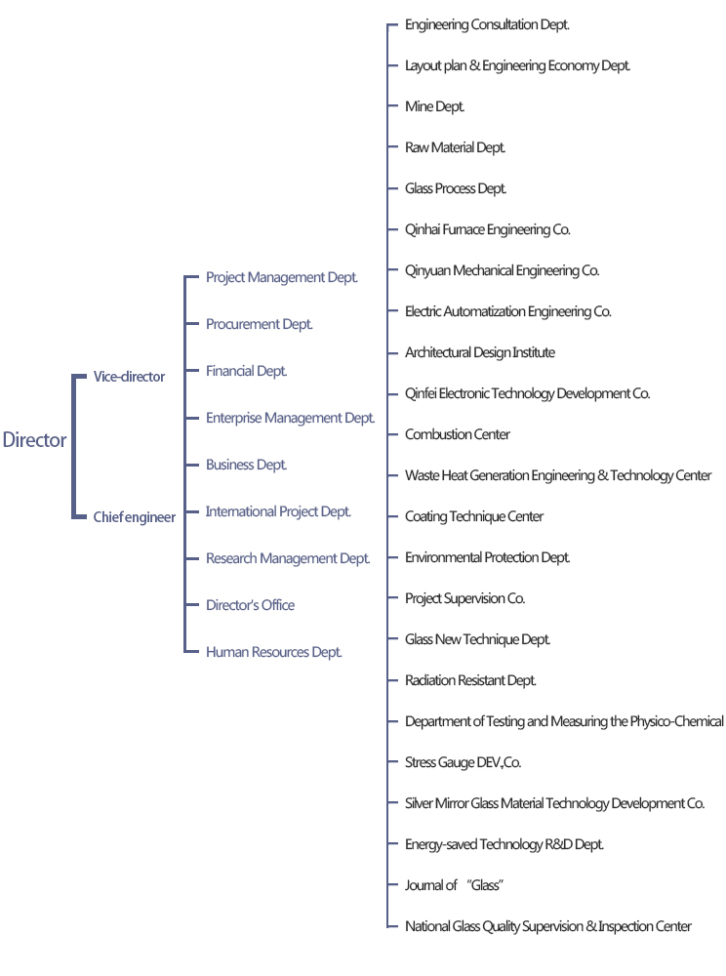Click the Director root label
pyautogui.click(x=34, y=440)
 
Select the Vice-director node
pyautogui.click(x=129, y=377)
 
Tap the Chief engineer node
pyautogui.click(x=135, y=517)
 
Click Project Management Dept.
pyautogui.click(x=282, y=278)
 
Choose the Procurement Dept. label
pyautogui.click(x=260, y=324)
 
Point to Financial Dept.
pyautogui.click(x=247, y=371)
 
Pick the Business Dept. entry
pyautogui.click(x=247, y=465)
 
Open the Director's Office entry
pyautogui.click(x=250, y=605)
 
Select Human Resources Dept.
pyautogui.click(x=274, y=652)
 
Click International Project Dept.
pyautogui.click(x=278, y=511)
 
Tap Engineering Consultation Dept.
pyautogui.click(x=487, y=25)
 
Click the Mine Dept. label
pyautogui.click(x=435, y=107)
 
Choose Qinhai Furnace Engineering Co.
pyautogui.click(x=488, y=230)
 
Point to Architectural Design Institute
pyautogui.click(x=480, y=353)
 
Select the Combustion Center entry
pyautogui.click(x=458, y=435)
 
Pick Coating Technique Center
pyautogui.click(x=474, y=517)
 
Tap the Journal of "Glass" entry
pyautogui.click(x=454, y=886)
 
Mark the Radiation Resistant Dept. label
pyautogui.click(x=471, y=681)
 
